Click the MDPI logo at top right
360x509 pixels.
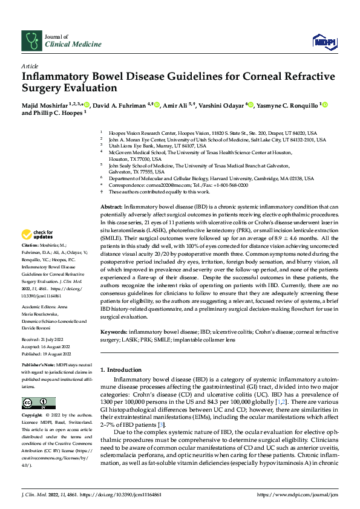[321, 41]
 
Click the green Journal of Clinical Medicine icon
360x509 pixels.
[30, 41]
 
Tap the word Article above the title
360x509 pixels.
[30, 65]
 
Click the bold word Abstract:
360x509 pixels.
[113, 207]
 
